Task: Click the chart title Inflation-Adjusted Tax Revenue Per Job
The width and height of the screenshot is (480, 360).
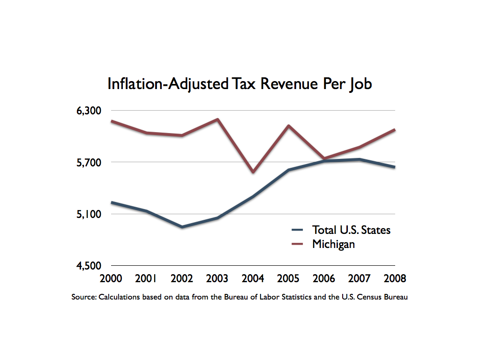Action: (x=240, y=84)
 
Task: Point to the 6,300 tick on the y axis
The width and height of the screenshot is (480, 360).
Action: (x=90, y=111)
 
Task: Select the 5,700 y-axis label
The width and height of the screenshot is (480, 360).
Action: (x=90, y=163)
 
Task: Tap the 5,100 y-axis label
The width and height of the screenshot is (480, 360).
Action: (x=90, y=214)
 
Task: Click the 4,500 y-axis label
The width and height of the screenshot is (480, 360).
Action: (x=90, y=266)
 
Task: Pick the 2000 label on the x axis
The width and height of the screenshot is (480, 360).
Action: (x=111, y=278)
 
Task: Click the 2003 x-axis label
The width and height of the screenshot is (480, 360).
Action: (x=217, y=278)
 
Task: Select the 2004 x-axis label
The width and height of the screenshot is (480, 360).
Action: (x=253, y=278)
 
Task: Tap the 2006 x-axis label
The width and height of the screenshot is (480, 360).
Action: (x=324, y=278)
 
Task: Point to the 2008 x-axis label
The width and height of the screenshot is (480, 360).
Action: (x=395, y=278)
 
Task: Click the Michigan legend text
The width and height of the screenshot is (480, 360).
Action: (x=333, y=244)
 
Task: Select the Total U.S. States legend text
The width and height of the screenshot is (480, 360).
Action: (x=351, y=230)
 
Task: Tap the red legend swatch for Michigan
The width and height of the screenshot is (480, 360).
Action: (x=298, y=244)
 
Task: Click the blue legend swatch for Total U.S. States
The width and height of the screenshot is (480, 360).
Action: (x=298, y=230)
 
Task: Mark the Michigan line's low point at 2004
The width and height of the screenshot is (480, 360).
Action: (x=253, y=172)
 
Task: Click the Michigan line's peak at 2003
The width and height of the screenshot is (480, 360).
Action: (x=217, y=119)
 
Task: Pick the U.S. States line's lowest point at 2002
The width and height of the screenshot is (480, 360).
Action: (x=182, y=227)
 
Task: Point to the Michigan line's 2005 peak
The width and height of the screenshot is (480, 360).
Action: (x=288, y=126)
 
